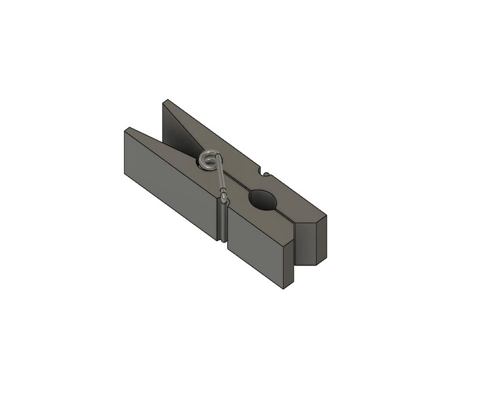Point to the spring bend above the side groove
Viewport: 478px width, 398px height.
224,193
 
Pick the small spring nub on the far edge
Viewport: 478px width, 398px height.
266,174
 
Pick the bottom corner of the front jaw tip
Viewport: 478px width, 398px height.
283,288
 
